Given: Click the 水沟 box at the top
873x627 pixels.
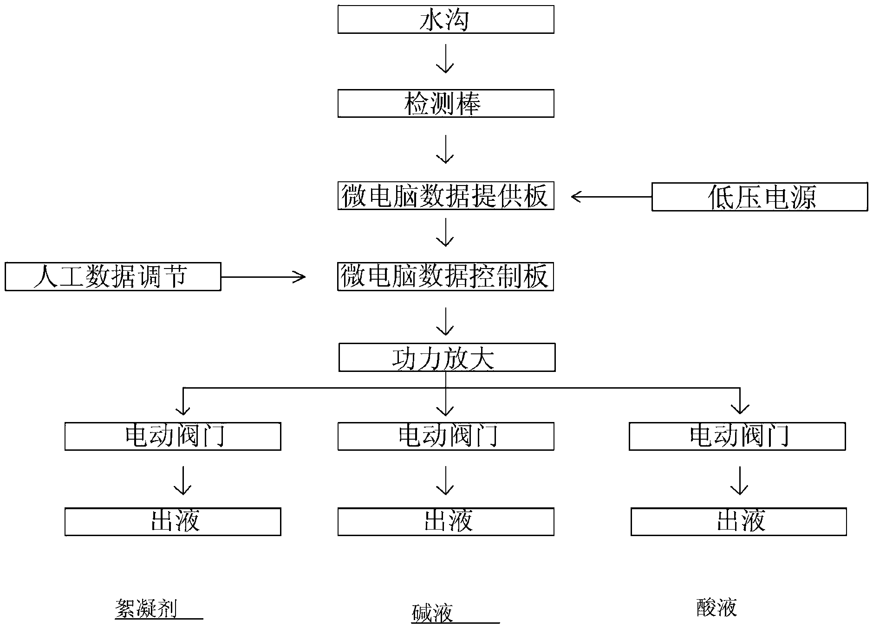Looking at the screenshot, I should pyautogui.click(x=446, y=19).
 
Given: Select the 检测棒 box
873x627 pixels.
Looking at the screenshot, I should pyautogui.click(x=446, y=103).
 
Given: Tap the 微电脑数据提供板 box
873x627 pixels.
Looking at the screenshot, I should pyautogui.click(x=446, y=196).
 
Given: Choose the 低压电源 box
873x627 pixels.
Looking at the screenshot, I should pyautogui.click(x=760, y=197).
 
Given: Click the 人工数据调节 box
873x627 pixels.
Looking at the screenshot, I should pyautogui.click(x=113, y=277).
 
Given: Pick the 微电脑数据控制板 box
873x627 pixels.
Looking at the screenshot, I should pyautogui.click(x=446, y=277).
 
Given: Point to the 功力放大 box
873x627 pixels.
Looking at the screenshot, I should pyautogui.click(x=447, y=358).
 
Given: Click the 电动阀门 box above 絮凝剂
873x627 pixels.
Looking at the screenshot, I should pyautogui.click(x=173, y=436).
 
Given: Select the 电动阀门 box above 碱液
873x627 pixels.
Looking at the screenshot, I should pyautogui.click(x=446, y=436).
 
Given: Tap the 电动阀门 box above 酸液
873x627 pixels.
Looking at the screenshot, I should pyautogui.click(x=737, y=436).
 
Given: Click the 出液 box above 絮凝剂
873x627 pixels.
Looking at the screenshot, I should pyautogui.click(x=173, y=522).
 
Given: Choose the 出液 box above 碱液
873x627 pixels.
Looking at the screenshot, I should pyautogui.click(x=446, y=522).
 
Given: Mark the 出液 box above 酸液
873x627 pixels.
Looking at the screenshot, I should pyautogui.click(x=739, y=522).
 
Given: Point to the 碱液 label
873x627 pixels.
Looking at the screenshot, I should pyautogui.click(x=432, y=614).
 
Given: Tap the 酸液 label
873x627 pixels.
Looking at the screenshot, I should pyautogui.click(x=717, y=608).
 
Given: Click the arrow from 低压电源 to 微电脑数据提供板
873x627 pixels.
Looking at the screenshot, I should pyautogui.click(x=611, y=197).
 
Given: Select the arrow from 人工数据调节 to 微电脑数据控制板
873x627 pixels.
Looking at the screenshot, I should pyautogui.click(x=263, y=277).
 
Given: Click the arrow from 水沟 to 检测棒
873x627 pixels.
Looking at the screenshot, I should pyautogui.click(x=445, y=59).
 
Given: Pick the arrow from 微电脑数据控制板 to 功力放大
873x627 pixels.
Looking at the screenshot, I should pyautogui.click(x=445, y=321).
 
